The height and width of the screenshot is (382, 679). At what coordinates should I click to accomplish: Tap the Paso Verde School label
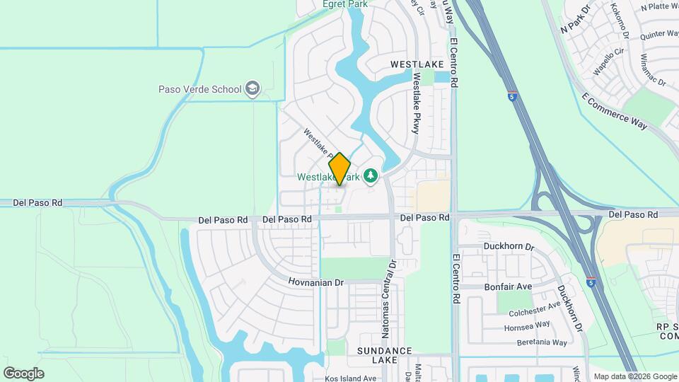199,89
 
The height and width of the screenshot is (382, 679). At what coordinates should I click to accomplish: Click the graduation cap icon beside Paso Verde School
253,89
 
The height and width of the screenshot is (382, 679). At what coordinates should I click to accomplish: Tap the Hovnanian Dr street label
315,282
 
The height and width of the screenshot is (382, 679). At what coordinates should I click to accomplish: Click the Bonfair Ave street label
507,287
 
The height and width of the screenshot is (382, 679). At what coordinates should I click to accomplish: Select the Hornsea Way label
527,325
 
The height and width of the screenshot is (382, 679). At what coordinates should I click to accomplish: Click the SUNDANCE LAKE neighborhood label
384,355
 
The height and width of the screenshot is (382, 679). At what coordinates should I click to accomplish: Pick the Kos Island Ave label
350,378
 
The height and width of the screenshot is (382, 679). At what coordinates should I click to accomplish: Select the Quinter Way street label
659,34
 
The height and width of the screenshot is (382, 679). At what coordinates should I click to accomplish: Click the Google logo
23,373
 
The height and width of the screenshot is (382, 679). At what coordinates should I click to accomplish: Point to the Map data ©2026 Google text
634,376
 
